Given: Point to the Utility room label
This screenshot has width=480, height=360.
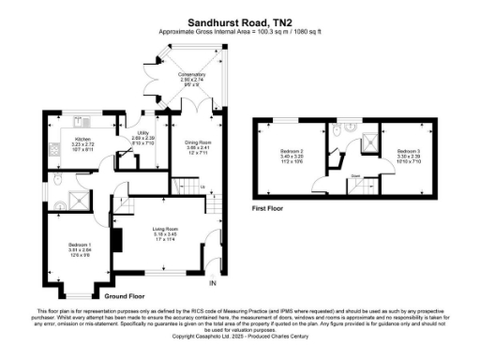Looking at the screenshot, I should [x=142, y=138].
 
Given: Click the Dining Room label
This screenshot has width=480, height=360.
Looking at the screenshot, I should [x=194, y=143].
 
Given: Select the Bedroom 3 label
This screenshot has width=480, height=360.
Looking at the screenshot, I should [x=407, y=153].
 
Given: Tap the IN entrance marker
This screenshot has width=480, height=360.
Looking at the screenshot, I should [x=212, y=283].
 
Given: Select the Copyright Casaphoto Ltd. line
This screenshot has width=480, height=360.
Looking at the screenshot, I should [x=239, y=335].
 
